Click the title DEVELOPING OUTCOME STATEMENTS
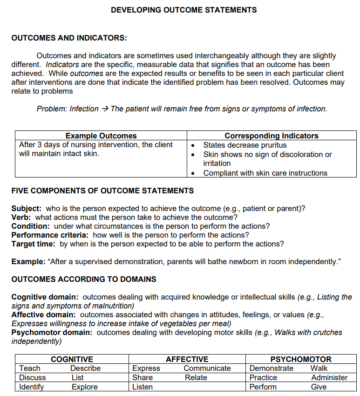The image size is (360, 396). pos(183,10)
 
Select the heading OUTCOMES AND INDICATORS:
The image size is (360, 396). pos(69,38)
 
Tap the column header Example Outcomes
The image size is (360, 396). pos(101,136)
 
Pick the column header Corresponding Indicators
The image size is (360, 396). pos(272,136)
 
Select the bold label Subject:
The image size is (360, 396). pos(27,208)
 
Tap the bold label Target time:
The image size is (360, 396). pos(34,244)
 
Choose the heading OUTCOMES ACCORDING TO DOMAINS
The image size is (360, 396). pos(84,279)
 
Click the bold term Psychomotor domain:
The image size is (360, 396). pos(52,332)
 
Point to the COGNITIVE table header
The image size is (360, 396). pos(72,359)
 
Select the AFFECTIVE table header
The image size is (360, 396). pos(187,359)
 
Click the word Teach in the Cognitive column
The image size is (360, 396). pos(30,368)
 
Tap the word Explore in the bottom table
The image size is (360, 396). pos(84,387)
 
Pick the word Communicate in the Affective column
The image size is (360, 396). pos(207,368)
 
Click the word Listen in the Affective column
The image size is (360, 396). pos(143,387)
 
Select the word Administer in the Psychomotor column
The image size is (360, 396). pos(329,377)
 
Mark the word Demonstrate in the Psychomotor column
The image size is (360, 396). pos(272,368)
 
